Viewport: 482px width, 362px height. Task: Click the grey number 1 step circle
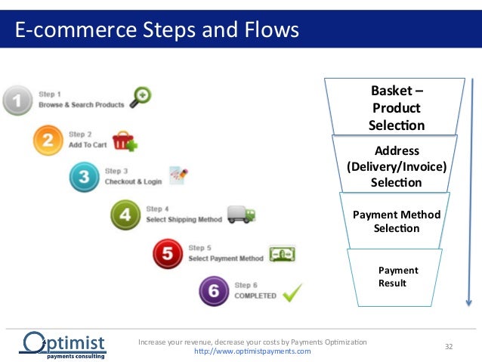click(x=19, y=101)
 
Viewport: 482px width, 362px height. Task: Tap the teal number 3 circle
click(x=84, y=178)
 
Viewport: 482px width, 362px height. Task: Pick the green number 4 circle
click(x=125, y=215)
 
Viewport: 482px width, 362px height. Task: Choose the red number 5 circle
click(x=167, y=254)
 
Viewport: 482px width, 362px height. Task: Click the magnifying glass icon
click(x=141, y=96)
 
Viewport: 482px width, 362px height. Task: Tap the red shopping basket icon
click(x=125, y=141)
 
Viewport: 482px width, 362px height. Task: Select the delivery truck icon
click(x=240, y=215)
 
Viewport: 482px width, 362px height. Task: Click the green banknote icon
click(x=283, y=254)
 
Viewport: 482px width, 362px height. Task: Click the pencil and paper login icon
click(x=178, y=177)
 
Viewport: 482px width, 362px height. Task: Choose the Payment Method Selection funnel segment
click(x=396, y=221)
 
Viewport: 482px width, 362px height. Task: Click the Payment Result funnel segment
click(x=396, y=277)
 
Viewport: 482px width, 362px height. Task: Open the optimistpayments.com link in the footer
click(x=252, y=351)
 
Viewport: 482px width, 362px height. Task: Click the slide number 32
click(x=449, y=346)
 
